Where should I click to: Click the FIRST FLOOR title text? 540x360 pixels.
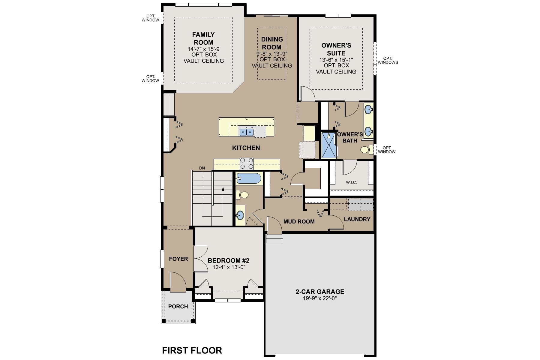click(192, 350)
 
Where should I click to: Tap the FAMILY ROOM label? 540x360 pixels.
click(203, 38)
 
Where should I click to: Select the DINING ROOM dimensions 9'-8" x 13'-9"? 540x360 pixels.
click(272, 54)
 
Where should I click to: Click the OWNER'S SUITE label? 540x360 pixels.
click(336, 49)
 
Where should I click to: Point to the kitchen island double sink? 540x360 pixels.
click(246, 132)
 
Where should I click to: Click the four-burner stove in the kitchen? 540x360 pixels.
click(247, 164)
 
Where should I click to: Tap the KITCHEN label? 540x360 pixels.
click(246, 148)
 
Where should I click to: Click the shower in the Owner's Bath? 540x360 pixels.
click(329, 145)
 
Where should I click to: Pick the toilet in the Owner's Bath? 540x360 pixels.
click(365, 150)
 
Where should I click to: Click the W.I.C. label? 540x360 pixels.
click(351, 182)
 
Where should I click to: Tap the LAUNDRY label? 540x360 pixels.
click(357, 219)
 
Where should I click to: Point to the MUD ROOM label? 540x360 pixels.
click(299, 221)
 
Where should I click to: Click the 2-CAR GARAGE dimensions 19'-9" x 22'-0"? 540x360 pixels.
click(320, 298)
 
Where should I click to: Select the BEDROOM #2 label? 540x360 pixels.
click(229, 260)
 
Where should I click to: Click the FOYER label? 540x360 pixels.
click(178, 259)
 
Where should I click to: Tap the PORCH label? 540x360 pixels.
click(178, 306)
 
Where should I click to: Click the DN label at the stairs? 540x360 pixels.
click(202, 168)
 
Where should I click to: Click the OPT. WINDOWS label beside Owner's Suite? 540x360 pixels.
click(388, 60)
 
